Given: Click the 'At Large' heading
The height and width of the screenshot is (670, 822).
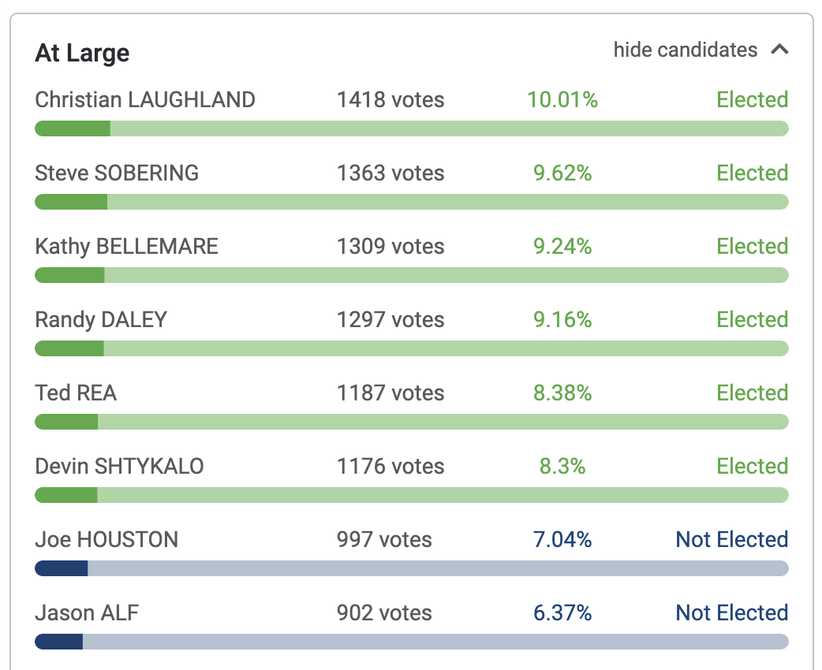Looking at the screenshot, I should point(82,53).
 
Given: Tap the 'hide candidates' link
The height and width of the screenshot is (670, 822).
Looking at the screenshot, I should point(685,50).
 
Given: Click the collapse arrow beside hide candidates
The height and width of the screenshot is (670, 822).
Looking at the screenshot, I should point(779,50).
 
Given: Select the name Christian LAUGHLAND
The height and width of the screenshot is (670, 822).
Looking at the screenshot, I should point(145,100).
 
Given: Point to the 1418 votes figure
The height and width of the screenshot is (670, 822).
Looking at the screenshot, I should point(390,100).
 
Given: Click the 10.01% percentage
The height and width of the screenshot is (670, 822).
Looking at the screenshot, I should point(562,100).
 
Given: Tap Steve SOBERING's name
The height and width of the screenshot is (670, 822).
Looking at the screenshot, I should point(117,173).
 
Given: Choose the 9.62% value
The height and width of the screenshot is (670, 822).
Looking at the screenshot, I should point(562,173).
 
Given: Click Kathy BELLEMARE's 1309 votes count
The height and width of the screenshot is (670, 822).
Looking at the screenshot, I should point(390,247).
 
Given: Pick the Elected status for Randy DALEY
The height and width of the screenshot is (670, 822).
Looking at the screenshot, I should point(752,320).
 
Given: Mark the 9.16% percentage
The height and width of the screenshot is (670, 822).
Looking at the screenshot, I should point(562,320).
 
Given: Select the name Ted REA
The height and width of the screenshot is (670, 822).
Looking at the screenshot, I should point(76,393).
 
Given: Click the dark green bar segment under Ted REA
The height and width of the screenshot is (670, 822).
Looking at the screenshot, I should point(66,422).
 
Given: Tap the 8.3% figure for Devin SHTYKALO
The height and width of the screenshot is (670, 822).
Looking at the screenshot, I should point(562,467).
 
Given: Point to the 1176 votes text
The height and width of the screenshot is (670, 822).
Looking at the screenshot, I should point(390,467).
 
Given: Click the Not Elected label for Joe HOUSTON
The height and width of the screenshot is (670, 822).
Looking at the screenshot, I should point(731,540).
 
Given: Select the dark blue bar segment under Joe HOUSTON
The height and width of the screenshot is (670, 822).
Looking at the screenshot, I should point(62,568).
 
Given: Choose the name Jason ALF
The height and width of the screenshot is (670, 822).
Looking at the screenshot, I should point(87,613).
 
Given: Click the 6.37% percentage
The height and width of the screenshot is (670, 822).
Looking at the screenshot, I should point(562,613).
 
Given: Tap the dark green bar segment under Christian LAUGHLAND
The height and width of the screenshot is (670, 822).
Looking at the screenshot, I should point(73,128).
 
